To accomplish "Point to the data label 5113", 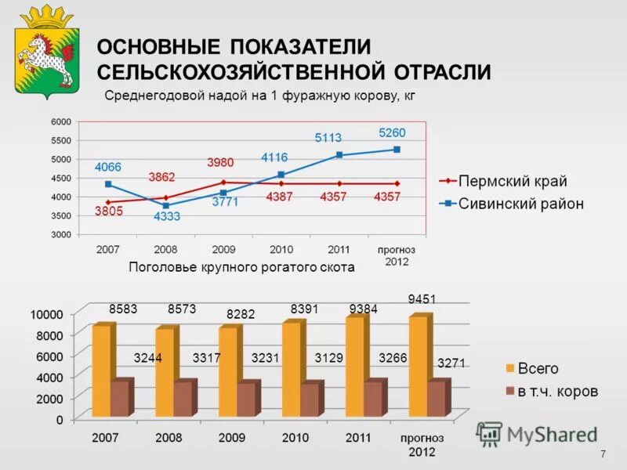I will point(328,138).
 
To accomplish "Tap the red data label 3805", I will point(108,211).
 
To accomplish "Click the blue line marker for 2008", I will point(166,205).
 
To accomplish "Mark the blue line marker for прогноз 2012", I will point(397,150).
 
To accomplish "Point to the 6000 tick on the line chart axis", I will point(61,121).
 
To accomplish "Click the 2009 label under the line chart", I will point(223,249).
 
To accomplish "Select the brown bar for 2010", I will point(310,399).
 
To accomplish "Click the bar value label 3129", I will point(329,358).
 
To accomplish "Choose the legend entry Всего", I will point(537,367).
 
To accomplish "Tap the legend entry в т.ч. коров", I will point(556,390).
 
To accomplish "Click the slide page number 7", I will point(603,455).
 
